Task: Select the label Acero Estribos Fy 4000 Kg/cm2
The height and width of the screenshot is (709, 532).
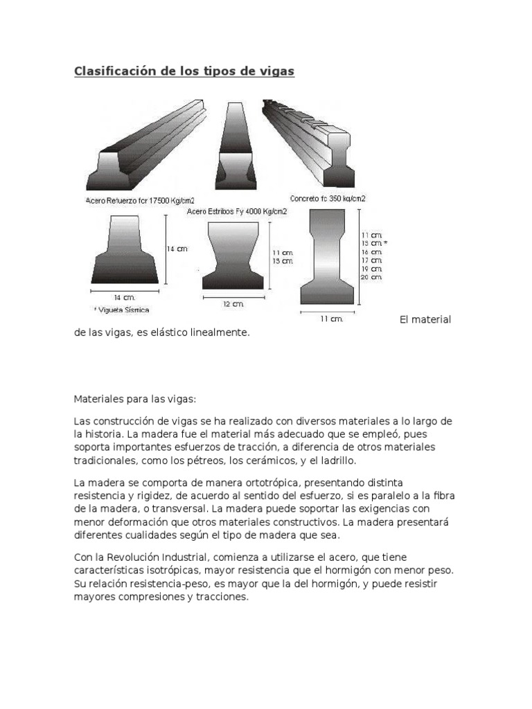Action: tap(233, 211)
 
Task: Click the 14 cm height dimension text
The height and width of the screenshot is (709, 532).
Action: tap(179, 249)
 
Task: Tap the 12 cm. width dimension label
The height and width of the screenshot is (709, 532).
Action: tap(233, 303)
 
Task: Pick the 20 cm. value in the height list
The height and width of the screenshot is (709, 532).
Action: tap(371, 277)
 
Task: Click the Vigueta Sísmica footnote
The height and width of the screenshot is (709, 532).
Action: tap(121, 309)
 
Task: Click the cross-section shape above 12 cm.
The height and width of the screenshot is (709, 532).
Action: tap(233, 255)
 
